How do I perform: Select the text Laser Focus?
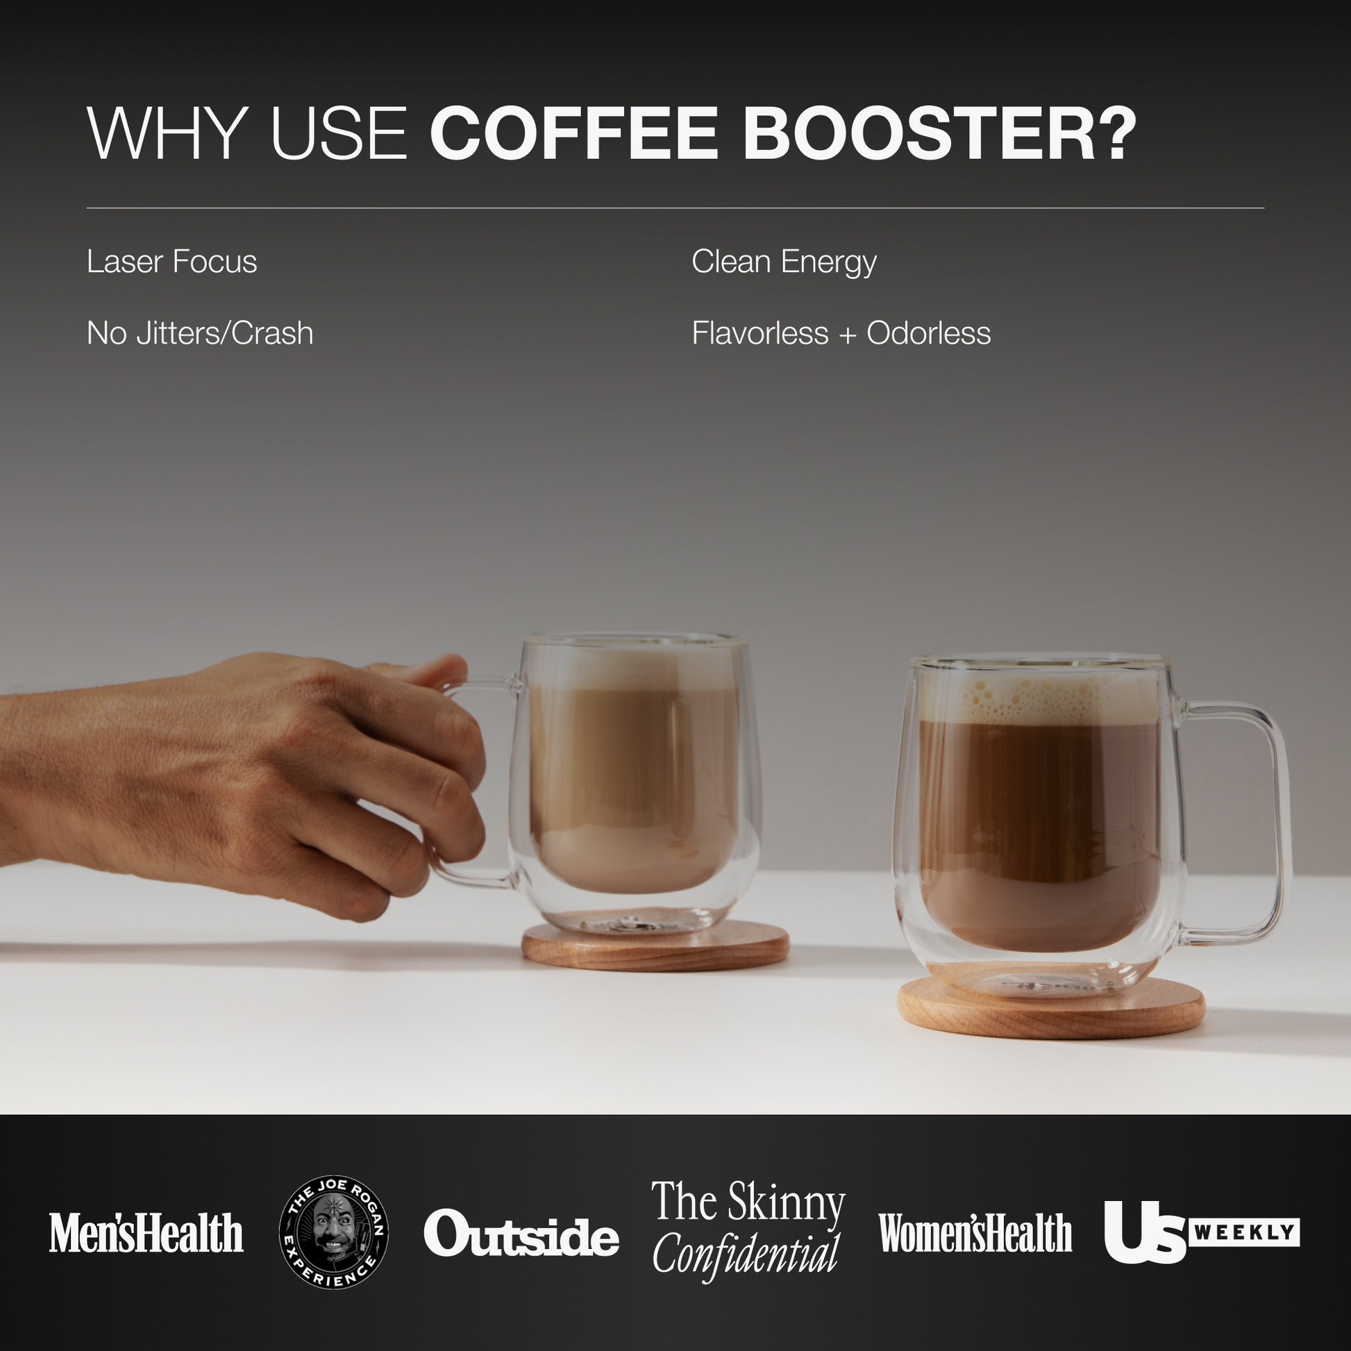point(171,262)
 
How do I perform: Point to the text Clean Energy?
point(783,262)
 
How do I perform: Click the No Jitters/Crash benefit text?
point(199,333)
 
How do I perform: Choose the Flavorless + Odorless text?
point(841,333)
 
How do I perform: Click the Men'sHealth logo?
point(146,1233)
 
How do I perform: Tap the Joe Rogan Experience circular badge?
point(333,1232)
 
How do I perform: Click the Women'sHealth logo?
point(975,1233)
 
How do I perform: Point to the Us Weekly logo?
point(1200,1232)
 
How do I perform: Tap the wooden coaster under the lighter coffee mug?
point(655,951)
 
